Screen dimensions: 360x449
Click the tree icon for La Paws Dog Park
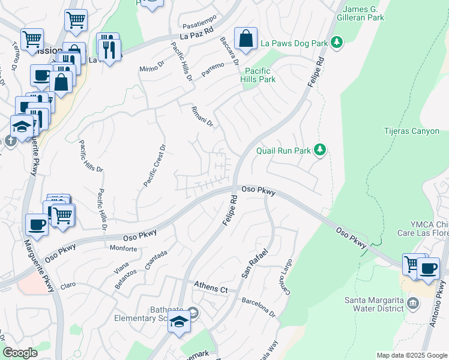[x=337, y=42]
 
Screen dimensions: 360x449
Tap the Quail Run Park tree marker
[x=321, y=150]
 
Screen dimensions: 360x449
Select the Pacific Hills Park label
[x=258, y=75]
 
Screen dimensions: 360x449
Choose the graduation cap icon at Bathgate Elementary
[x=179, y=322]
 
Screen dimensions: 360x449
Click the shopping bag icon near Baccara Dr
[x=246, y=40]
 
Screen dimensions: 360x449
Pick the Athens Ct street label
[x=211, y=289]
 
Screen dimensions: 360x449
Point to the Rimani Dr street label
[x=202, y=115]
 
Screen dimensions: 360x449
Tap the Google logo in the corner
[x=20, y=353]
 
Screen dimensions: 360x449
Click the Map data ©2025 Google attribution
[x=411, y=355]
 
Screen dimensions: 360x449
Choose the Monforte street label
[x=124, y=248]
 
